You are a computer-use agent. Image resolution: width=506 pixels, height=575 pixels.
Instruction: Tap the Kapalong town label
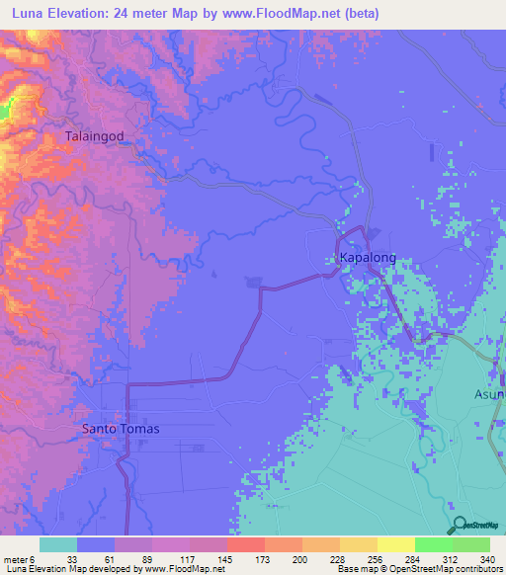(x=368, y=258)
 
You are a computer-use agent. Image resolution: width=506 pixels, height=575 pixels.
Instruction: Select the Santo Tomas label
(x=120, y=429)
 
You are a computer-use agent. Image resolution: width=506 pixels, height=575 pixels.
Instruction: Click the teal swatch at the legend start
(x=58, y=544)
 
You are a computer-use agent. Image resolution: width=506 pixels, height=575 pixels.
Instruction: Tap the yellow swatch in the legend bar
(x=395, y=544)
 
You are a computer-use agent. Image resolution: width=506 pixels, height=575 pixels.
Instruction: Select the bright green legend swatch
(x=433, y=544)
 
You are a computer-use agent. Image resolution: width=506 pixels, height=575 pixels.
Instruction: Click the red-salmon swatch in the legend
(x=245, y=544)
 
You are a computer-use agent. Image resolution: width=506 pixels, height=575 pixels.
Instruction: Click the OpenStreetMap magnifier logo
(x=457, y=525)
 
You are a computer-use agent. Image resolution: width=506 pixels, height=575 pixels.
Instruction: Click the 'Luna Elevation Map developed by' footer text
(x=71, y=569)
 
